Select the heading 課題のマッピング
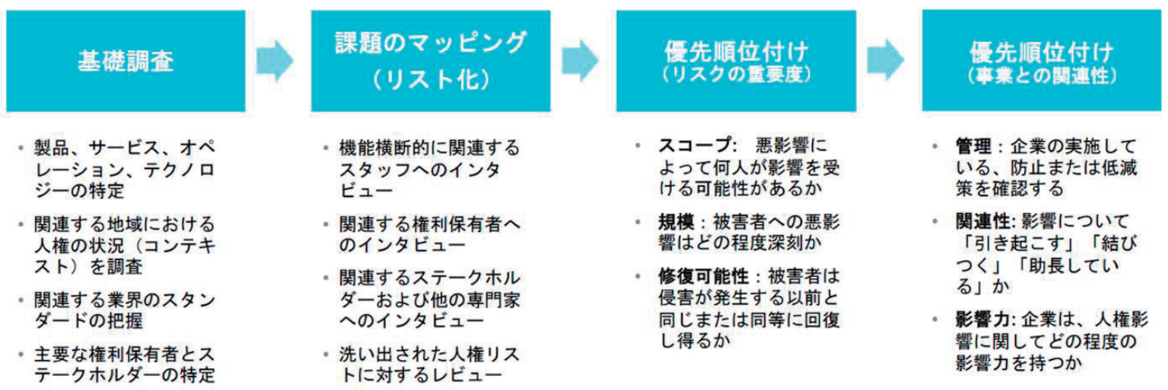pos(430,43)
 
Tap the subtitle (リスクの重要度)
pos(736,75)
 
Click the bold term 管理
pos(973,147)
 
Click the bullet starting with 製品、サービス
pos(124,168)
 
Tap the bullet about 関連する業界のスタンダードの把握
pos(124,309)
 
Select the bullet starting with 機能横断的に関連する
pos(429,168)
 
